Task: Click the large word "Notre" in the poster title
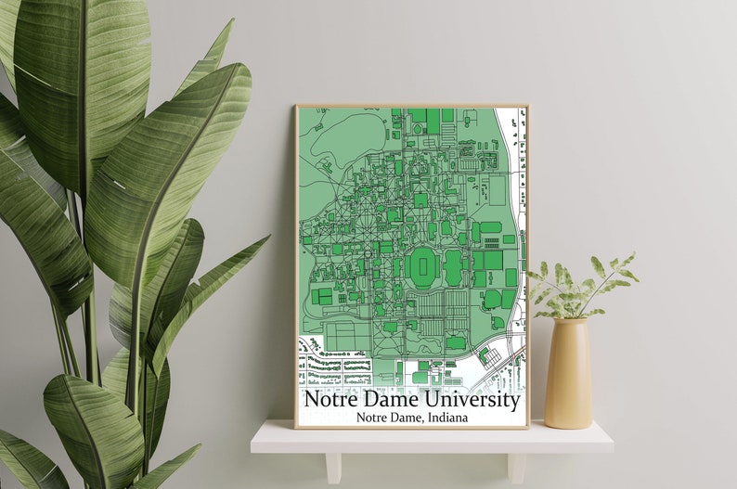point(332,401)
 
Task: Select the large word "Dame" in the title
point(394,401)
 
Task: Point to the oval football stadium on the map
point(423,267)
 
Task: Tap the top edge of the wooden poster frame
point(411,106)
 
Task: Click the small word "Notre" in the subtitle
point(374,418)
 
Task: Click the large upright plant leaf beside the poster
point(167,167)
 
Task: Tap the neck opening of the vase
point(569,320)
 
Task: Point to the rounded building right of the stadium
point(454,267)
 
